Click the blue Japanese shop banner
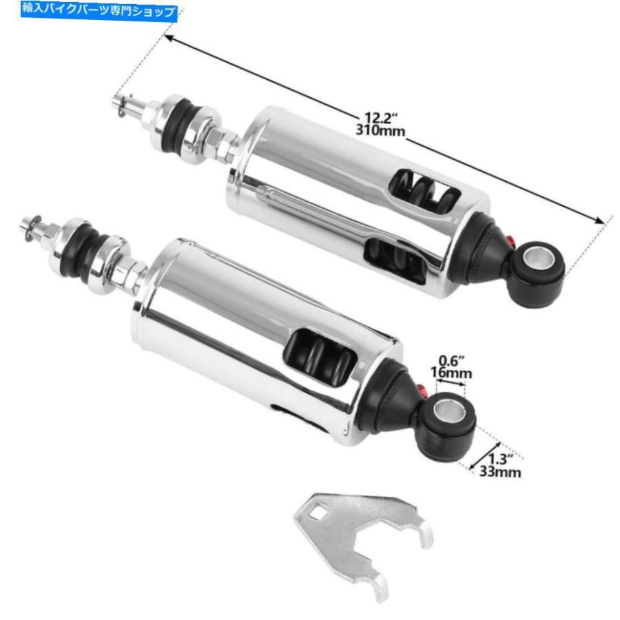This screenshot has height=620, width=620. (x=99, y=10)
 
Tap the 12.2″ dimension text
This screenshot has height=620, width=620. (x=380, y=118)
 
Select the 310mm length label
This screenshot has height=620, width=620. (x=380, y=130)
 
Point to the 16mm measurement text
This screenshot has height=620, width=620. (x=451, y=373)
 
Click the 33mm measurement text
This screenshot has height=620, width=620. (x=500, y=472)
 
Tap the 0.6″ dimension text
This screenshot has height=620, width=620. (x=451, y=360)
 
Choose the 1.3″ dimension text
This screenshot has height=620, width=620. (x=501, y=459)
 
